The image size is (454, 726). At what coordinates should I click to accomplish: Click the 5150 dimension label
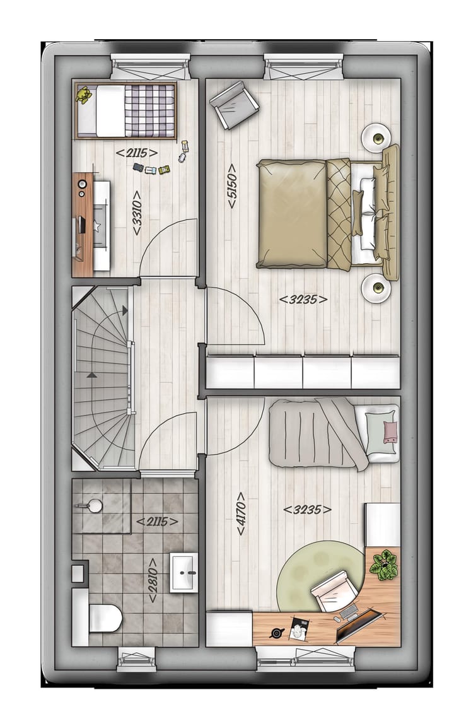[x=231, y=187]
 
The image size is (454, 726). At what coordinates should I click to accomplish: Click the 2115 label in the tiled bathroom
[x=157, y=521]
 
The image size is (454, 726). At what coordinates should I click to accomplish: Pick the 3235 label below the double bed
[x=303, y=300]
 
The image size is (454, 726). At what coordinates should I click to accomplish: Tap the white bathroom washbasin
[x=184, y=572]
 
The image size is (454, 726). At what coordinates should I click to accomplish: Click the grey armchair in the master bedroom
[x=234, y=105]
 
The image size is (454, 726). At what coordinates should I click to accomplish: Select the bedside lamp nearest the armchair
[x=377, y=136]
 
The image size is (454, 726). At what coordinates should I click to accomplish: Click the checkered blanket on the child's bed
[x=149, y=110]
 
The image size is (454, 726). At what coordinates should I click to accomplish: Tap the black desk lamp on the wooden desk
[x=277, y=633]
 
